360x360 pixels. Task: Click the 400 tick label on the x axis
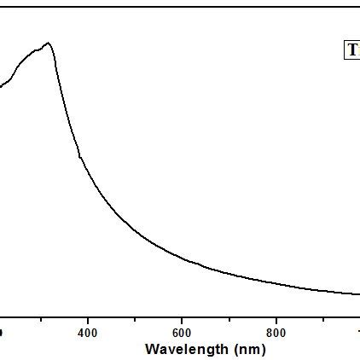(88, 332)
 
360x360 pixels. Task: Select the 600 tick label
(182, 332)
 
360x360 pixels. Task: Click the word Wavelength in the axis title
(185, 349)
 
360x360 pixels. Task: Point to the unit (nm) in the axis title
(248, 349)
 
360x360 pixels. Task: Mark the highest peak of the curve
(49, 43)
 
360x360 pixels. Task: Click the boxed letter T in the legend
(352, 50)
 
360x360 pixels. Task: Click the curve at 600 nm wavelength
(182, 257)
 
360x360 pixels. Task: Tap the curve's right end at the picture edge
(358, 294)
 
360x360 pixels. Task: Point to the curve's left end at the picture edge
(1, 85)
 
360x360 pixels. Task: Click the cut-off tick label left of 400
(2, 332)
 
